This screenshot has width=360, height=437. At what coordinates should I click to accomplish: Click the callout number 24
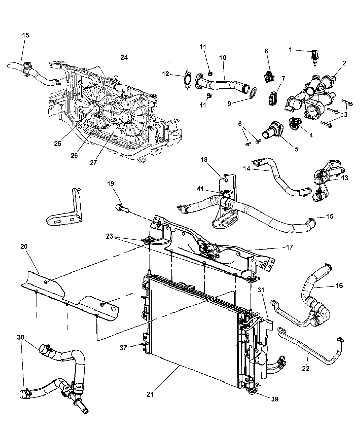[124, 58]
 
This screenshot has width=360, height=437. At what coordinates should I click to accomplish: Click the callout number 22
[306, 368]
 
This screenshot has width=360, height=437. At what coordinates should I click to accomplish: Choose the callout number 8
[266, 51]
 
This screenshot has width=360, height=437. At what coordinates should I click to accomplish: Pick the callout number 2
[344, 63]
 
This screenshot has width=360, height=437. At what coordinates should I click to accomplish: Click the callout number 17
[289, 247]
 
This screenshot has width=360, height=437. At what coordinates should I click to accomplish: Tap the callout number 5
[296, 149]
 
